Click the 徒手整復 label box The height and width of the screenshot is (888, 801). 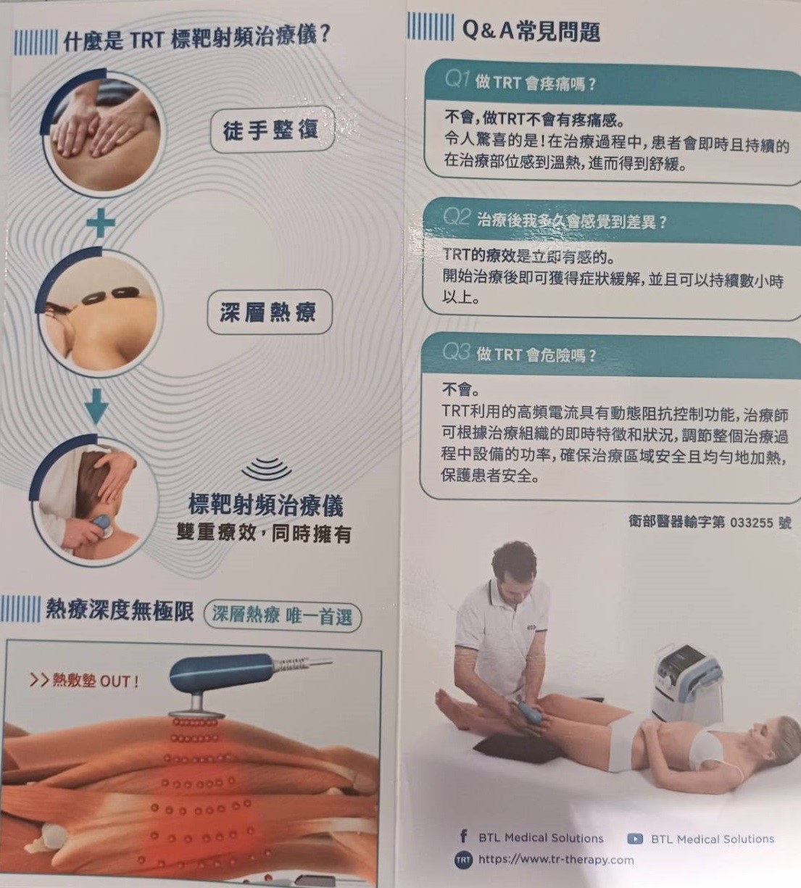(x=271, y=129)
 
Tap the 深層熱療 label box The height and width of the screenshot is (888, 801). (x=269, y=312)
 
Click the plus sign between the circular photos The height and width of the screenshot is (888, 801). (x=101, y=223)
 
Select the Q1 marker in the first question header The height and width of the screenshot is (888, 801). (x=457, y=80)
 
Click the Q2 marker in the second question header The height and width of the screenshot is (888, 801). (x=457, y=217)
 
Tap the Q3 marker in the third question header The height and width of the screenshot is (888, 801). (x=456, y=352)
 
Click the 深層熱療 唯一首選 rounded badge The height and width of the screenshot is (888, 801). (x=282, y=615)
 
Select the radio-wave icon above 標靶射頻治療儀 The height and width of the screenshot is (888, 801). (x=267, y=468)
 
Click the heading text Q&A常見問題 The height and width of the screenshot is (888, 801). (x=531, y=32)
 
